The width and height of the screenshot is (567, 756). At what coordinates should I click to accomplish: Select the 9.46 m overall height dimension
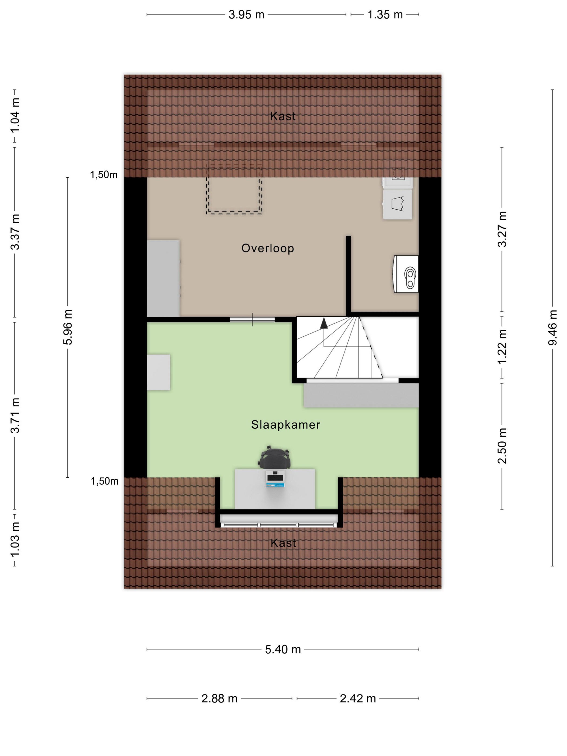point(552,328)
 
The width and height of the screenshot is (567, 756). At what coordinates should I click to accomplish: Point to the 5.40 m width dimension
point(283,649)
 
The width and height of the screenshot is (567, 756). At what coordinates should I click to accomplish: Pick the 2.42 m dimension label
point(357,698)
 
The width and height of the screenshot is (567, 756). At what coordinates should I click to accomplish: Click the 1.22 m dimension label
point(502,347)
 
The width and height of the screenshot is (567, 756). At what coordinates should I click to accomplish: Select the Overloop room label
point(268,248)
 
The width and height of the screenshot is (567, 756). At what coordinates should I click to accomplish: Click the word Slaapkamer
point(285,424)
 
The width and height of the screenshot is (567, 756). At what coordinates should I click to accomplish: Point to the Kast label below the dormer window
point(283,543)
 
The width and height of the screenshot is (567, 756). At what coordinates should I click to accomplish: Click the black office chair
point(274,457)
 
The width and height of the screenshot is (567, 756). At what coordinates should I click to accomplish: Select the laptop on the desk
point(275,478)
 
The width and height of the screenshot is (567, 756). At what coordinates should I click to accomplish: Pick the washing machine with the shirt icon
point(397,204)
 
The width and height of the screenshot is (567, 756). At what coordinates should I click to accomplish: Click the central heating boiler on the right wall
point(406,274)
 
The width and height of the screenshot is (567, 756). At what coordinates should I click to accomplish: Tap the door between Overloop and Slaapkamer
point(252,320)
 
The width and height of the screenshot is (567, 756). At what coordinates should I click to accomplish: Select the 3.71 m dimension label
point(15,415)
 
